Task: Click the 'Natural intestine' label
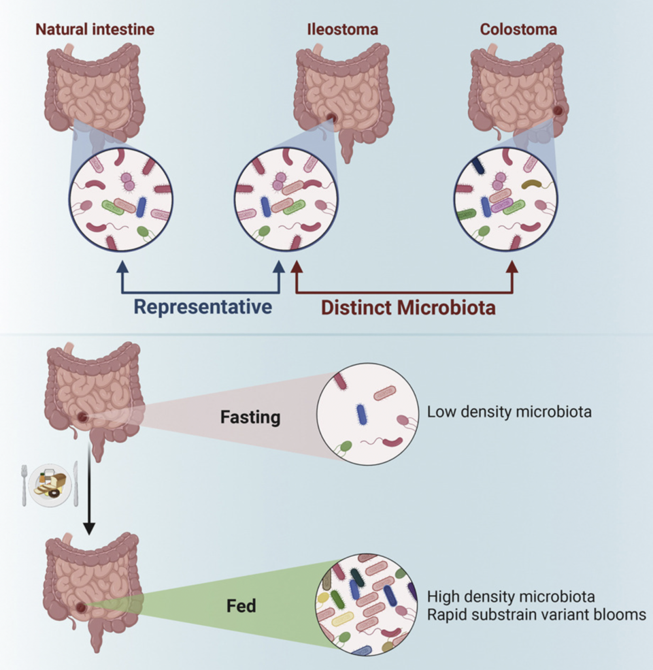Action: pyautogui.click(x=95, y=29)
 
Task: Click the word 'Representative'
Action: pyautogui.click(x=203, y=306)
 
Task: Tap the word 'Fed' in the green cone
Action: pyautogui.click(x=241, y=605)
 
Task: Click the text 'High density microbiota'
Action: pyautogui.click(x=511, y=596)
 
